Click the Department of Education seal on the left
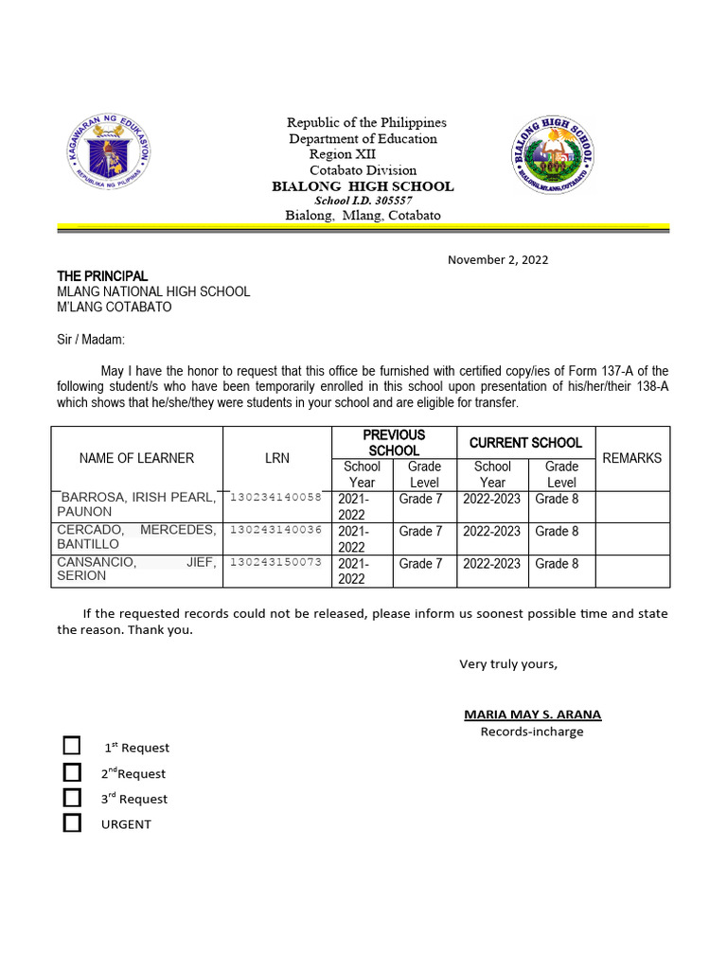pyautogui.click(x=111, y=154)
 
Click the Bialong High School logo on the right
pyautogui.click(x=554, y=154)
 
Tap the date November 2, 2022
pyautogui.click(x=498, y=259)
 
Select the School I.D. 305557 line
pyautogui.click(x=363, y=201)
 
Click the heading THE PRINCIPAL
pyautogui.click(x=102, y=275)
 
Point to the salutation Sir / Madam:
pyautogui.click(x=91, y=339)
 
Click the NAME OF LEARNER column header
pyautogui.click(x=136, y=458)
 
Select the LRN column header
pyautogui.click(x=277, y=458)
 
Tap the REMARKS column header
pyautogui.click(x=631, y=458)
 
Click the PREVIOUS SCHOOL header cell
pyautogui.click(x=394, y=442)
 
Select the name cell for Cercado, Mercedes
pyautogui.click(x=136, y=537)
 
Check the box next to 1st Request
pyautogui.click(x=72, y=746)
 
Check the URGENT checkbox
pyautogui.click(x=72, y=823)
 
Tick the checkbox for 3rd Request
pyautogui.click(x=72, y=798)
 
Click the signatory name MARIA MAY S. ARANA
pyautogui.click(x=532, y=714)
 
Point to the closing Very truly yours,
pyautogui.click(x=508, y=663)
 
